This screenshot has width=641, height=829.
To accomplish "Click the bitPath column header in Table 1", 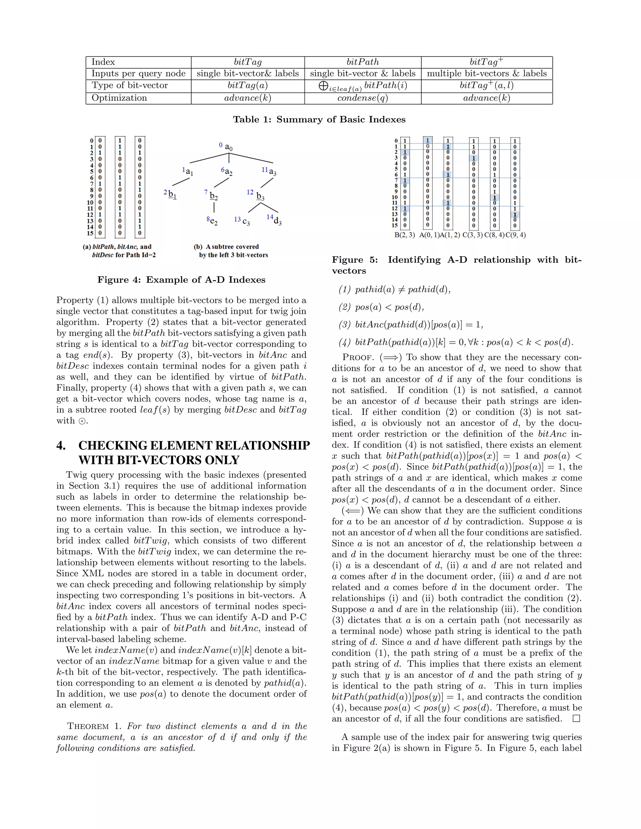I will click(363, 62).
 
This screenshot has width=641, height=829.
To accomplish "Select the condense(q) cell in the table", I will click(363, 98).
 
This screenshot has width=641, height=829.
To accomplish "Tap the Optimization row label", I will click(119, 98).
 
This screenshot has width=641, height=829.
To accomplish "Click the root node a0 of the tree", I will click(228, 147).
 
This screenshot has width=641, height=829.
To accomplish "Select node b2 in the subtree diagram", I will click(214, 196).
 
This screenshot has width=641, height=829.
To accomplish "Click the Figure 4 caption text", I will click(181, 280).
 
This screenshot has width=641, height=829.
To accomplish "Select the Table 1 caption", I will click(319, 120).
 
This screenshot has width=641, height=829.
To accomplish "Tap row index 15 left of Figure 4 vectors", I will click(90, 233).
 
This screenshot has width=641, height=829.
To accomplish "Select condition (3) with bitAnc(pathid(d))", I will click(411, 324).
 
